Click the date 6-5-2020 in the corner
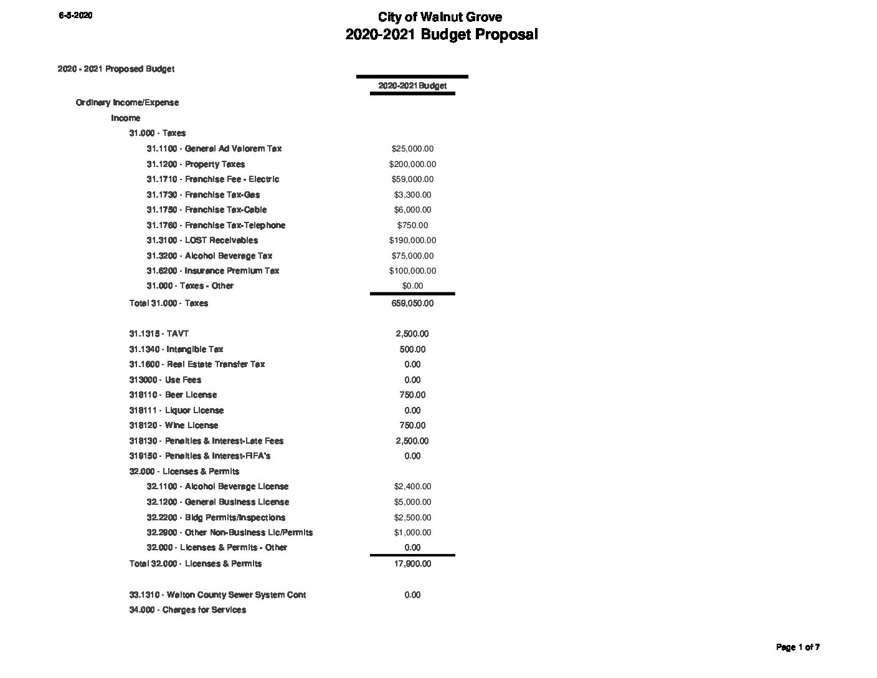(x=75, y=16)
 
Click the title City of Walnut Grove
(x=440, y=17)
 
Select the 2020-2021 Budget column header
(x=412, y=86)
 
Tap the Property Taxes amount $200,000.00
(x=412, y=165)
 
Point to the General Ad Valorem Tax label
(x=214, y=149)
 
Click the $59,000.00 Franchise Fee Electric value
(x=412, y=179)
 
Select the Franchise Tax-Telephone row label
(x=216, y=226)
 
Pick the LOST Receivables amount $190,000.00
(x=412, y=241)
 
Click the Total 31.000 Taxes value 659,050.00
(x=412, y=303)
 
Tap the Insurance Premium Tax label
(x=212, y=271)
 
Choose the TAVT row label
(x=159, y=334)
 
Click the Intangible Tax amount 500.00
(x=412, y=350)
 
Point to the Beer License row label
(x=173, y=395)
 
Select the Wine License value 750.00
(x=412, y=426)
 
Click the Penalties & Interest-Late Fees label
(x=206, y=441)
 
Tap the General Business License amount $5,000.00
(x=412, y=502)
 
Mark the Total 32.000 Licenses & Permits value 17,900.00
(x=412, y=564)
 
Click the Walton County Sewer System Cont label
(x=217, y=595)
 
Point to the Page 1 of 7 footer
(x=798, y=647)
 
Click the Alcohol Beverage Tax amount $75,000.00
(x=412, y=256)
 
